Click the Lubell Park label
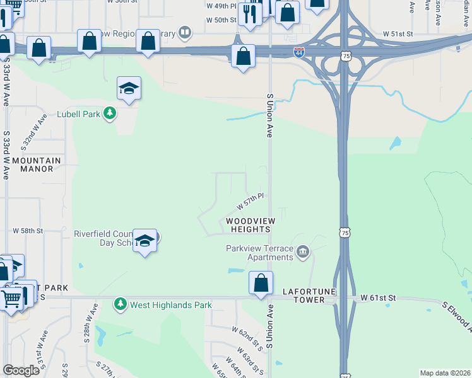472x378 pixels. (x=79, y=113)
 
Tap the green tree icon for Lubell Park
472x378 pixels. (x=110, y=113)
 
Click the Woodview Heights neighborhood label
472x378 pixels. (x=248, y=225)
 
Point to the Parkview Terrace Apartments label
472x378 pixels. (x=260, y=252)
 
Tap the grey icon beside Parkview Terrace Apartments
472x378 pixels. (x=303, y=253)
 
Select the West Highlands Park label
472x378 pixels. (x=170, y=305)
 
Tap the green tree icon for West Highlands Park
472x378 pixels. (x=121, y=305)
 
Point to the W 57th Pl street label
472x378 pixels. (x=250, y=202)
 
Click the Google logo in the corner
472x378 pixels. (x=21, y=370)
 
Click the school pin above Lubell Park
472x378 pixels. (x=129, y=89)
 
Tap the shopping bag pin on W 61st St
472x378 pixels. (x=261, y=283)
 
